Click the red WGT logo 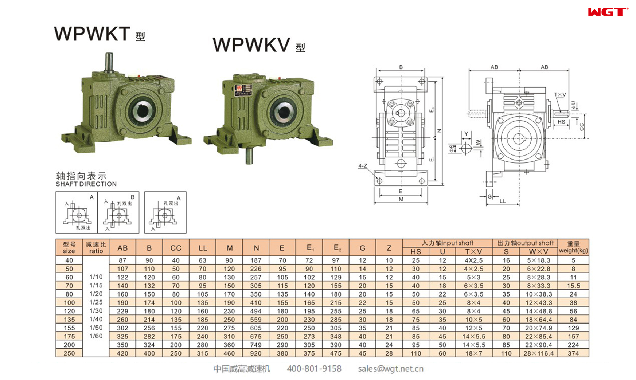point(608,12)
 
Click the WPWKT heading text point(92,34)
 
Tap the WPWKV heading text point(251,45)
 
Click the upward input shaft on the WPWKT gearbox point(109,63)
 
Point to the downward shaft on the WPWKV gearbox point(249,156)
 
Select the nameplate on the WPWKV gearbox point(243,89)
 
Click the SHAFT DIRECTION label point(86,184)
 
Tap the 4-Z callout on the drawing point(363,166)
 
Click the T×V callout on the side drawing point(560,95)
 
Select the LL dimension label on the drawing point(503,201)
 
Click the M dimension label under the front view point(401,200)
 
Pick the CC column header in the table point(176,248)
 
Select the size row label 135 point(69,320)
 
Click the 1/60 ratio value point(96,336)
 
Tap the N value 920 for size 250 point(256,353)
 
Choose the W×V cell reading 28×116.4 point(539,353)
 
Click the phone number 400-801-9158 point(314,369)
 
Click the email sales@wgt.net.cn point(390,369)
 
